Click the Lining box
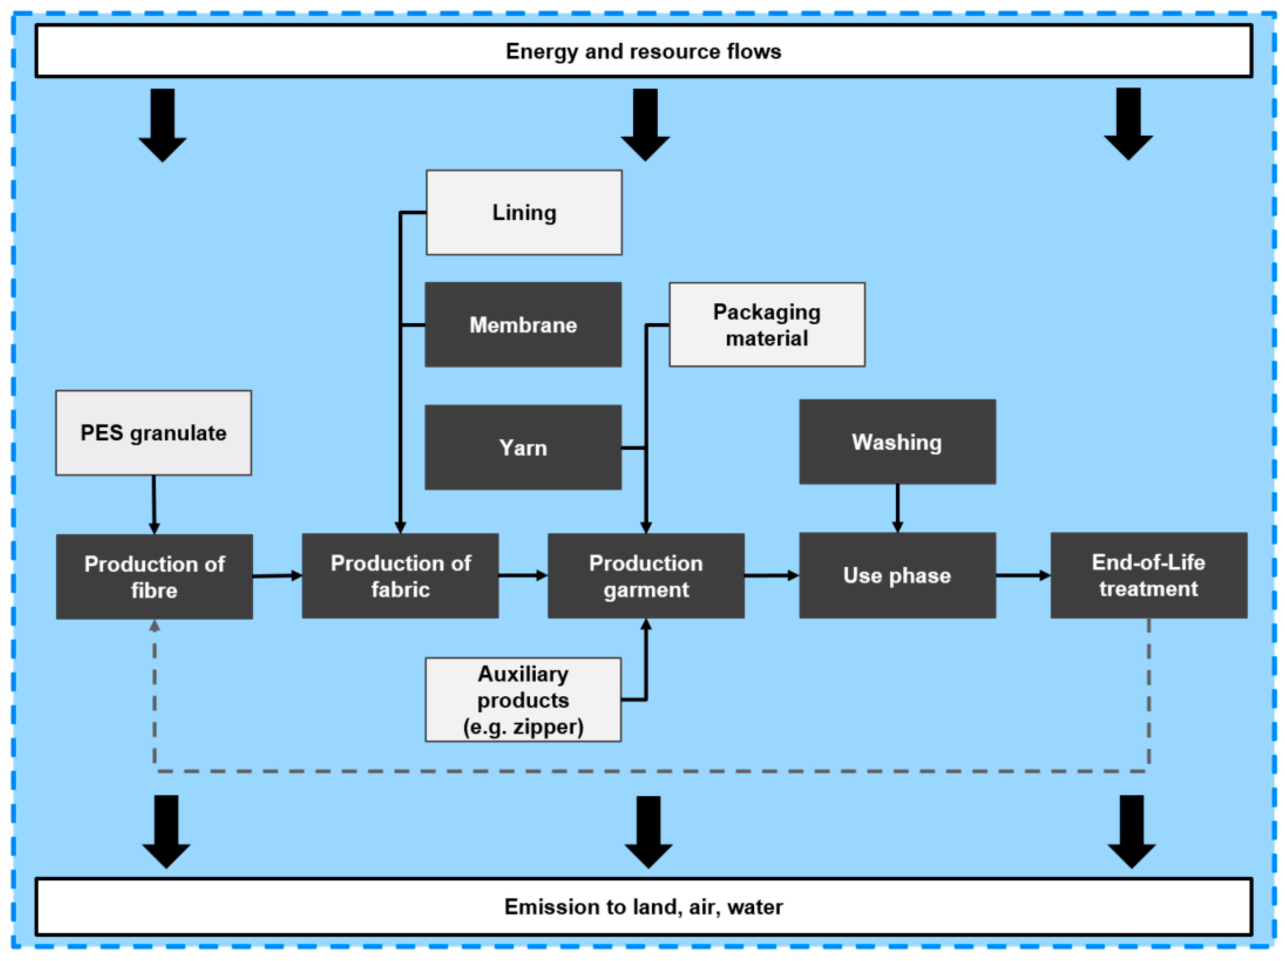tap(524, 213)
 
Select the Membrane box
tap(523, 325)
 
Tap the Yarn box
tap(523, 447)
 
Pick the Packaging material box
tap(767, 325)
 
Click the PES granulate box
tap(153, 433)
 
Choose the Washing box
tap(897, 441)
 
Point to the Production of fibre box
tap(154, 576)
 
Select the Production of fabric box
tap(400, 576)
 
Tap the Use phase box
tap(897, 575)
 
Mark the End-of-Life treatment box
tap(1148, 575)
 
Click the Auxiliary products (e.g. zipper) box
tap(523, 699)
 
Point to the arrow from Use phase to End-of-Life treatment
tap(1022, 575)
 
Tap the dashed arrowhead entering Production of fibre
tap(154, 626)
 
